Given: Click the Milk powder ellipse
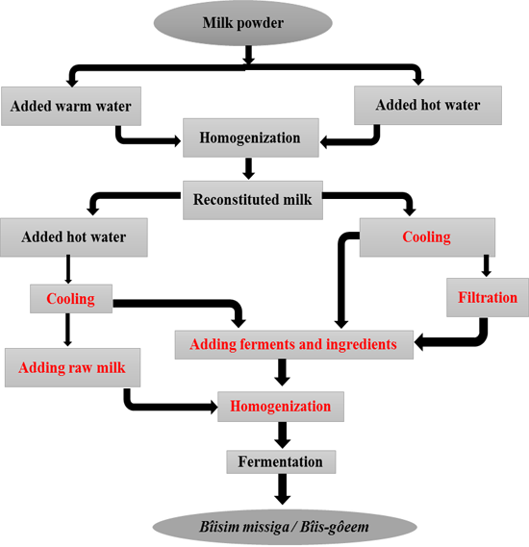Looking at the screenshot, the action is [243, 23].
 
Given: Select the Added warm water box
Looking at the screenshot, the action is [71, 106].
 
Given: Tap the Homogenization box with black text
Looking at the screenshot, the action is [251, 137].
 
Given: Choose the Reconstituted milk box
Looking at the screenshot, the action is [253, 200].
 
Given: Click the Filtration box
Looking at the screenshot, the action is [488, 298].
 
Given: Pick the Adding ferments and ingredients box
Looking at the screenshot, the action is [293, 345].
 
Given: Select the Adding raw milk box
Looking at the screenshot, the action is [72, 367].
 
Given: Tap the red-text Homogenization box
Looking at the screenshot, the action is [281, 407].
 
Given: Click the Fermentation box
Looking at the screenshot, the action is [281, 461].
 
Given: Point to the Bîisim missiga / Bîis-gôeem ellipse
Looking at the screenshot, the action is [285, 527].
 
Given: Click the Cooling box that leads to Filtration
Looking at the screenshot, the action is [427, 237].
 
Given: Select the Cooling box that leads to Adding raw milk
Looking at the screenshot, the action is [71, 299].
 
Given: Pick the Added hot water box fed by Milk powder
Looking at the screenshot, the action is [428, 106].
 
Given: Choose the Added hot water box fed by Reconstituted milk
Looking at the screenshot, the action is [74, 237].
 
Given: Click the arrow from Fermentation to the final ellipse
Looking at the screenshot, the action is [283, 488].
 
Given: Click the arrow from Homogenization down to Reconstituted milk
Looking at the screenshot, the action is [248, 169].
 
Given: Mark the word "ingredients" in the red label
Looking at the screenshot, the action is [361, 345].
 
